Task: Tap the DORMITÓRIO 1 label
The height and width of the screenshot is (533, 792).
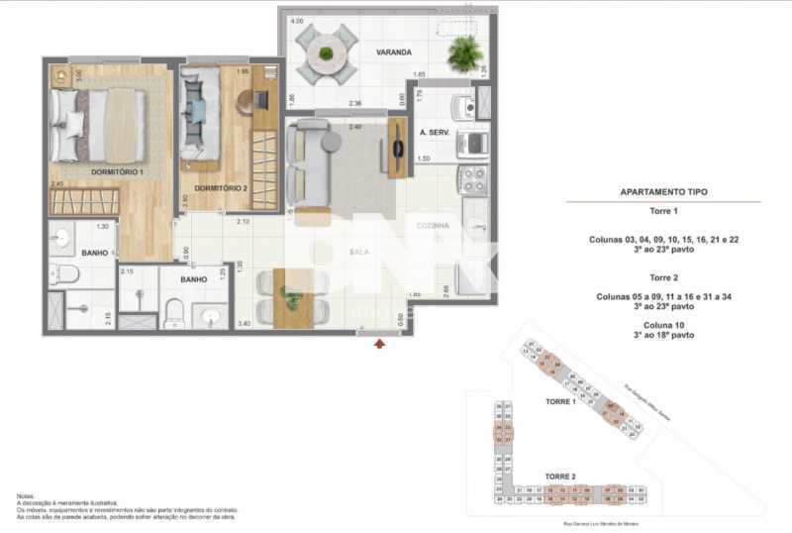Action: pyautogui.click(x=118, y=172)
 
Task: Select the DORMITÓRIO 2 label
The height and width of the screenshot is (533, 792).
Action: pyautogui.click(x=221, y=188)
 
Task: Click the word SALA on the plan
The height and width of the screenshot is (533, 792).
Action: pyautogui.click(x=358, y=252)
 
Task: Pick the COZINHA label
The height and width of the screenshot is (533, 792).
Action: pyautogui.click(x=433, y=226)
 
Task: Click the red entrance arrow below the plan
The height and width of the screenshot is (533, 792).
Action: pyautogui.click(x=379, y=344)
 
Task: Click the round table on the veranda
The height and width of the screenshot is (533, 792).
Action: pyautogui.click(x=327, y=53)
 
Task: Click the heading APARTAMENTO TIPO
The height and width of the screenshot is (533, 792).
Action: pyautogui.click(x=663, y=192)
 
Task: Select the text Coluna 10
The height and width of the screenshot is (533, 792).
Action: pyautogui.click(x=663, y=324)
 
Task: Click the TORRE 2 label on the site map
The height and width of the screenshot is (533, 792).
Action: pyautogui.click(x=560, y=477)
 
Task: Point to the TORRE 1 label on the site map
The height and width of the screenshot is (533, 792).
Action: pyautogui.click(x=560, y=402)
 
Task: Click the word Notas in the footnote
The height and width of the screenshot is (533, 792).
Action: pyautogui.click(x=27, y=495)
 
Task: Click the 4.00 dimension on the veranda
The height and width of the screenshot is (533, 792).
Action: pyautogui.click(x=296, y=21)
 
